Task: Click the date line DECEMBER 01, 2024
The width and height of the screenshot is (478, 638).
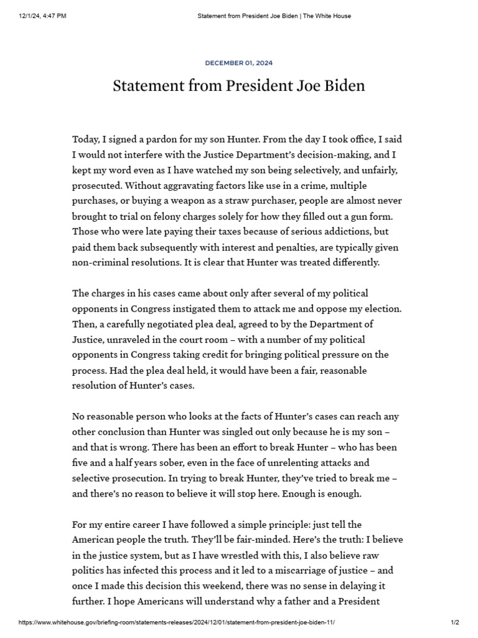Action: coord(238,63)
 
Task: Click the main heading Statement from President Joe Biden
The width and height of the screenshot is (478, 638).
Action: coord(238,85)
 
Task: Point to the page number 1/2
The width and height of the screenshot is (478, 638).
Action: coord(454,622)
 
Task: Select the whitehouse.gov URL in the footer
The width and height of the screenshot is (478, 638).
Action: coord(180,622)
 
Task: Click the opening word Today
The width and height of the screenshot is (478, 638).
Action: coord(87,139)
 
